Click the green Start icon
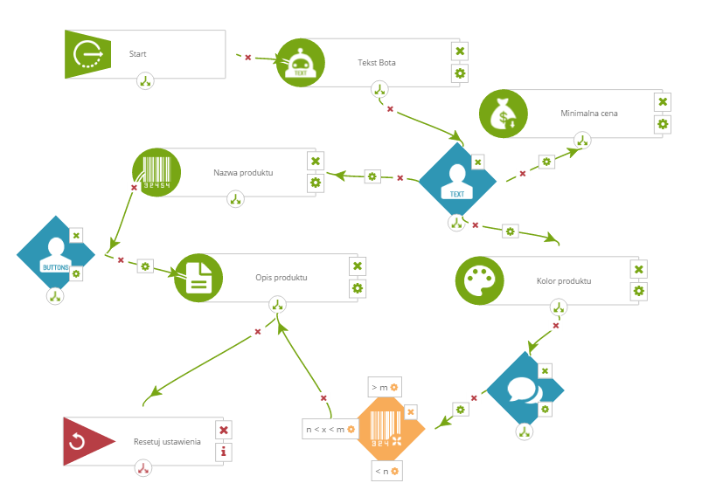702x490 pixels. (87, 54)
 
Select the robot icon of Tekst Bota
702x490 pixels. (301, 63)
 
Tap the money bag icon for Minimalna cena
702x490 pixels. (504, 114)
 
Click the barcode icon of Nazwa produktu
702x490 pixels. (156, 172)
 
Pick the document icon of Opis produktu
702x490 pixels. (198, 278)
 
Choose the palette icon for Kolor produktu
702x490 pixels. (479, 280)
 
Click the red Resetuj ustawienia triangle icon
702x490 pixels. (88, 442)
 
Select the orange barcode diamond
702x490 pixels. (391, 429)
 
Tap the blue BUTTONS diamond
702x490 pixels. (56, 254)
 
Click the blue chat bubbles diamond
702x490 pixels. (525, 390)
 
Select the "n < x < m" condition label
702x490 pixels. (330, 430)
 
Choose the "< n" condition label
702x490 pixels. (386, 471)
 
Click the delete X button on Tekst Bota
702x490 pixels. (460, 51)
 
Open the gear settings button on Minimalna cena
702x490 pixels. (663, 124)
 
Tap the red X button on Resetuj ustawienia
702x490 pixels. (224, 430)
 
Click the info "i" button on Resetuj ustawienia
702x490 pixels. (224, 452)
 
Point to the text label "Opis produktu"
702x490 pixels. (281, 278)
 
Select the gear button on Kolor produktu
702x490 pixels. (638, 292)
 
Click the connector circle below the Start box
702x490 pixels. (145, 81)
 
